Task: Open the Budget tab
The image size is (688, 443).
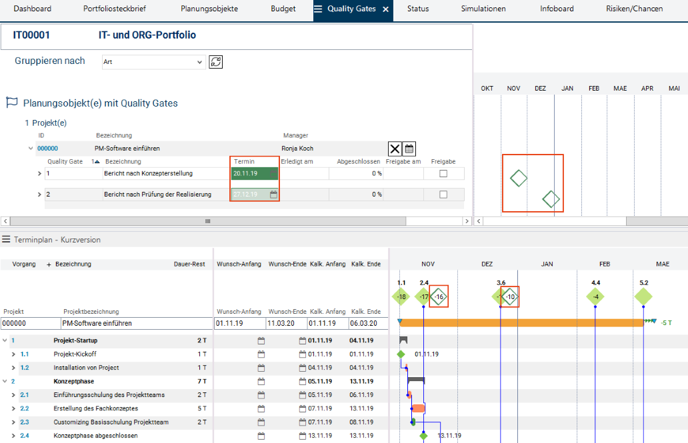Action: (x=283, y=9)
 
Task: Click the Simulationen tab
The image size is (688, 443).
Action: (x=483, y=9)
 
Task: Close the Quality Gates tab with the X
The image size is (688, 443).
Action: (x=385, y=9)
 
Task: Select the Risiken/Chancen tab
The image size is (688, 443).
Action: (x=634, y=9)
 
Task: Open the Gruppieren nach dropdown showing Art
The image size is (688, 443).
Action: (x=153, y=62)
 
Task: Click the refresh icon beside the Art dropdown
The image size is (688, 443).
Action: (x=215, y=62)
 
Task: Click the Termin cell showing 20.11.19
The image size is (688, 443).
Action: (x=254, y=174)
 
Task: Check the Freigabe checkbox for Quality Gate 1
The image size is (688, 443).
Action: (x=443, y=174)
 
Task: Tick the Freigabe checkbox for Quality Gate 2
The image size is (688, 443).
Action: (x=443, y=195)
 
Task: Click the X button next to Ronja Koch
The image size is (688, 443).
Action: (x=395, y=149)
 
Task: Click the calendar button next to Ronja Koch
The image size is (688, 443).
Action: (x=409, y=149)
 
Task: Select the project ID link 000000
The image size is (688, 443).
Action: (x=47, y=149)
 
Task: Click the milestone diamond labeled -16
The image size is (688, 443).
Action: (x=439, y=297)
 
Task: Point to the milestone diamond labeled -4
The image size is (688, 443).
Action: (x=595, y=297)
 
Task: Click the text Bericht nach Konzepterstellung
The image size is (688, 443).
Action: (x=148, y=174)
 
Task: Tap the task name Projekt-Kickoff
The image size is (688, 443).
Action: (x=75, y=354)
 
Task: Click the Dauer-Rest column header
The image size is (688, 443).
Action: (x=189, y=264)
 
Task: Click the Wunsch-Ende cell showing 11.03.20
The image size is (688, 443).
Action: (x=287, y=324)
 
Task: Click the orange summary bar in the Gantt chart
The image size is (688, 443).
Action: (x=520, y=323)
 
